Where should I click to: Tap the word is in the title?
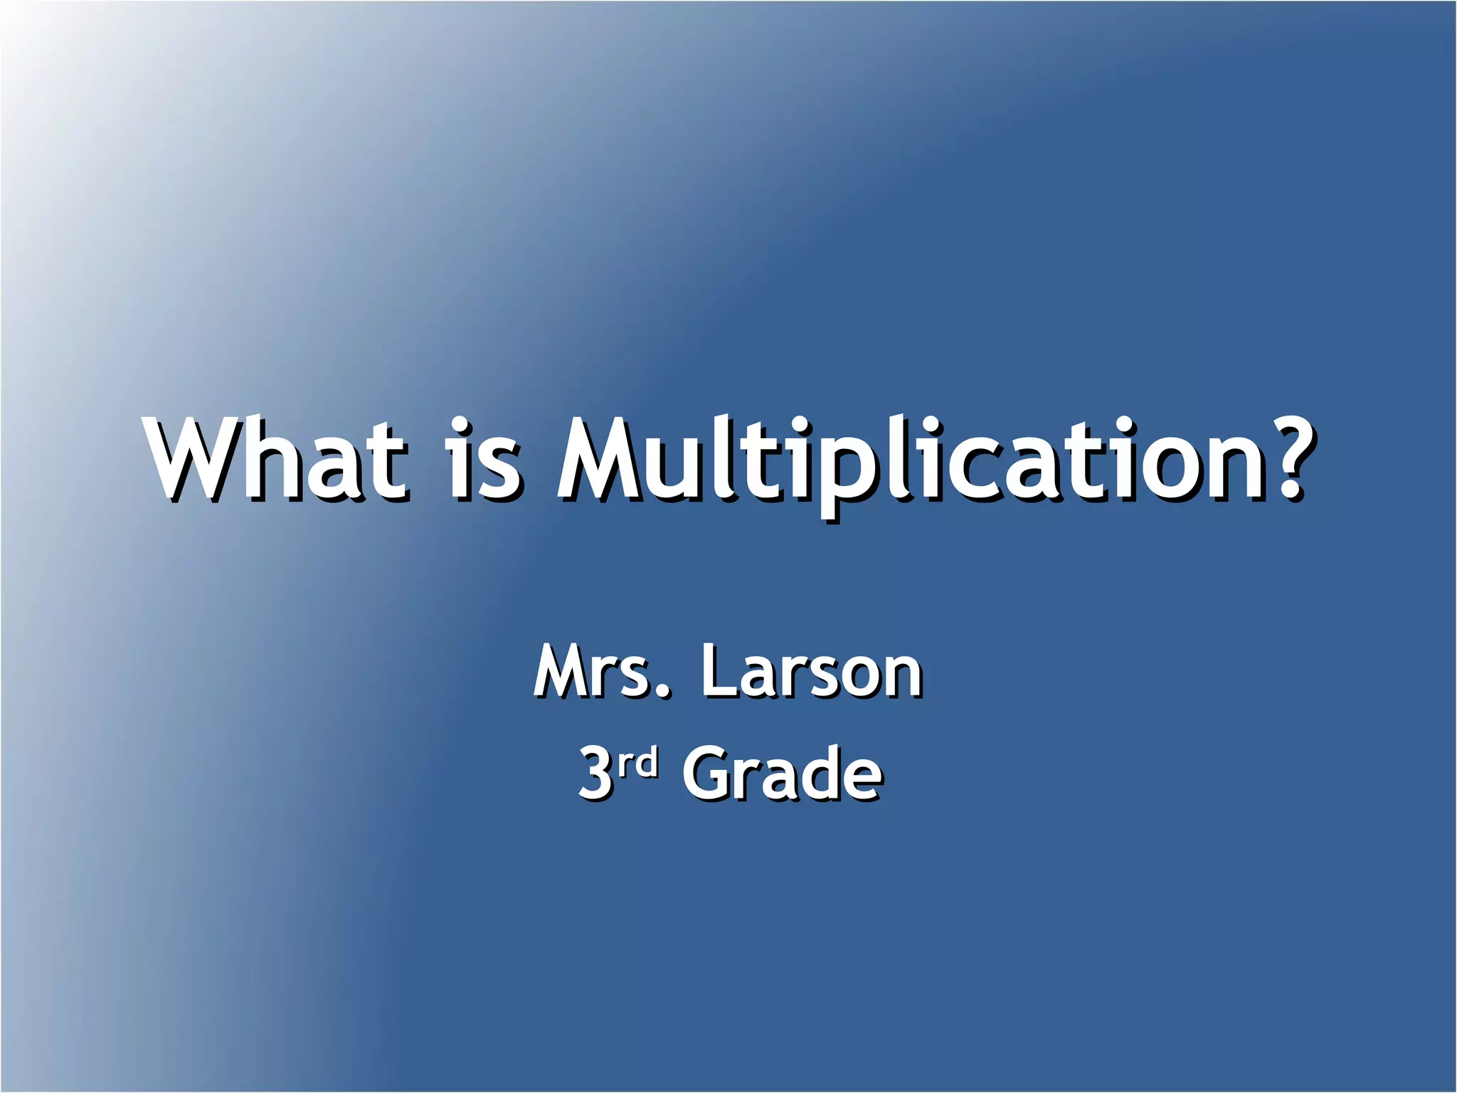pos(484,459)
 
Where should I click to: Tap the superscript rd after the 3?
pos(637,763)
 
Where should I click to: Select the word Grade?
pos(783,773)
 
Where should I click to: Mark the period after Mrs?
pos(663,690)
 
